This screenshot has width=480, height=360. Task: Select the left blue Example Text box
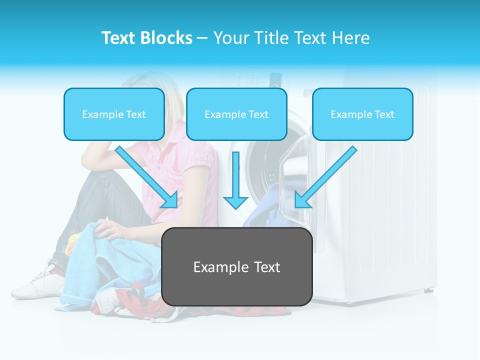pyautogui.click(x=114, y=114)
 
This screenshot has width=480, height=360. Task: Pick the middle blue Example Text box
pyautogui.click(x=236, y=114)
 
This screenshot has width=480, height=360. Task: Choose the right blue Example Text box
pyautogui.click(x=362, y=114)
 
